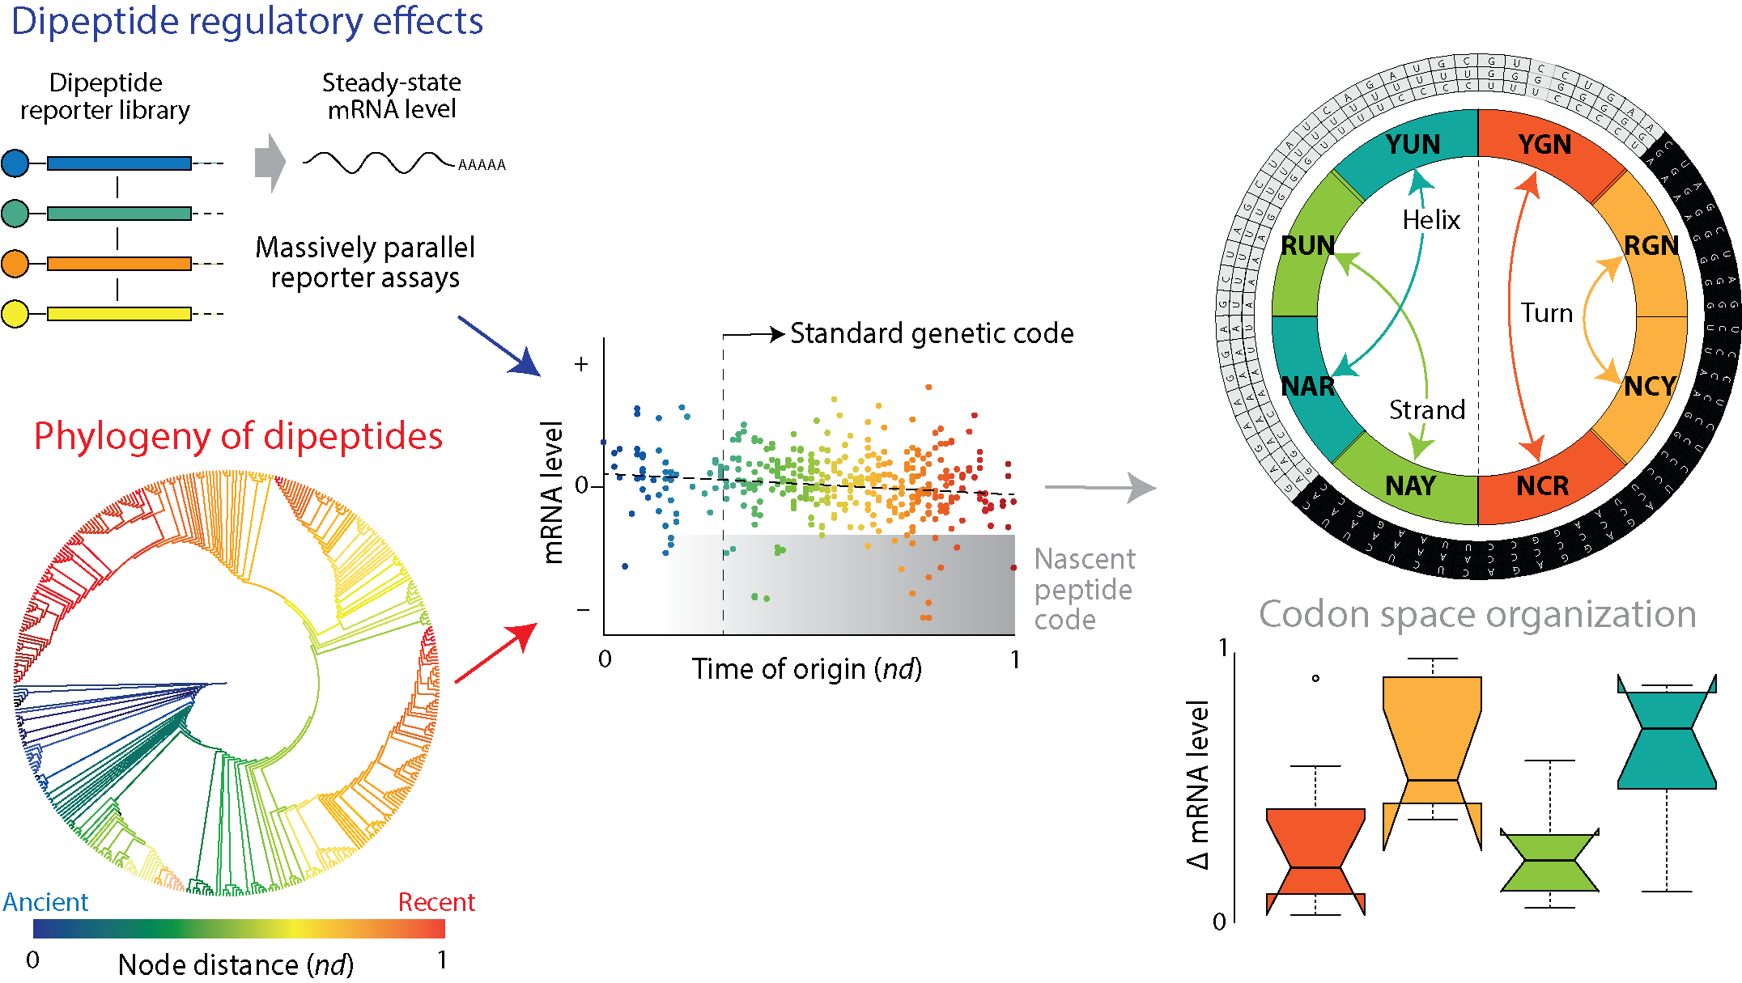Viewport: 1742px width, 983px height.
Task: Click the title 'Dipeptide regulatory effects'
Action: click(x=247, y=22)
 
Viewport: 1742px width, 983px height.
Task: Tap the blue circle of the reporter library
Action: click(x=15, y=163)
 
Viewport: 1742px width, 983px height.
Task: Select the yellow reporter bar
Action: click(x=119, y=314)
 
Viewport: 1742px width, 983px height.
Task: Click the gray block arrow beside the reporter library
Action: click(x=270, y=163)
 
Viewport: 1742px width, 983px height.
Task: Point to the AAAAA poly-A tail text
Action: click(x=482, y=165)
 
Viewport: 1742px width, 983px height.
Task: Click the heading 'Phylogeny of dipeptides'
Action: click(x=238, y=436)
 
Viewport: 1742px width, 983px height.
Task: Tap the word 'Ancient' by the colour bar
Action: click(x=45, y=902)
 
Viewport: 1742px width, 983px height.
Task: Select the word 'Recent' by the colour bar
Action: click(x=436, y=902)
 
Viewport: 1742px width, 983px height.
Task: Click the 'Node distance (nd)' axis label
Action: click(x=236, y=964)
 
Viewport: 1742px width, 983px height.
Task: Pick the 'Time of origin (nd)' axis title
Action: click(x=806, y=669)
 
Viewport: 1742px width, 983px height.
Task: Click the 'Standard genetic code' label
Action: click(x=932, y=333)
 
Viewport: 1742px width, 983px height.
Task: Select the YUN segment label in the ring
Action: click(x=1413, y=145)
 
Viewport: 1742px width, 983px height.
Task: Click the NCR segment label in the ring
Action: click(x=1542, y=486)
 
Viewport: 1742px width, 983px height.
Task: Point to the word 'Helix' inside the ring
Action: click(x=1431, y=220)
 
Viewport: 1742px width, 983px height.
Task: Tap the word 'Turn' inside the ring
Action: click(x=1546, y=313)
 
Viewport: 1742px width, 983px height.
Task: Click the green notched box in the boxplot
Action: click(x=1549, y=862)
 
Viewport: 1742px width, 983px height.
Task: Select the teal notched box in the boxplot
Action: click(x=1667, y=736)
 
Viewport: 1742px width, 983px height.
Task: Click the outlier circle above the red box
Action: click(x=1315, y=678)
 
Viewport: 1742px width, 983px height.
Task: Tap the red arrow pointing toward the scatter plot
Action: click(x=496, y=653)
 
